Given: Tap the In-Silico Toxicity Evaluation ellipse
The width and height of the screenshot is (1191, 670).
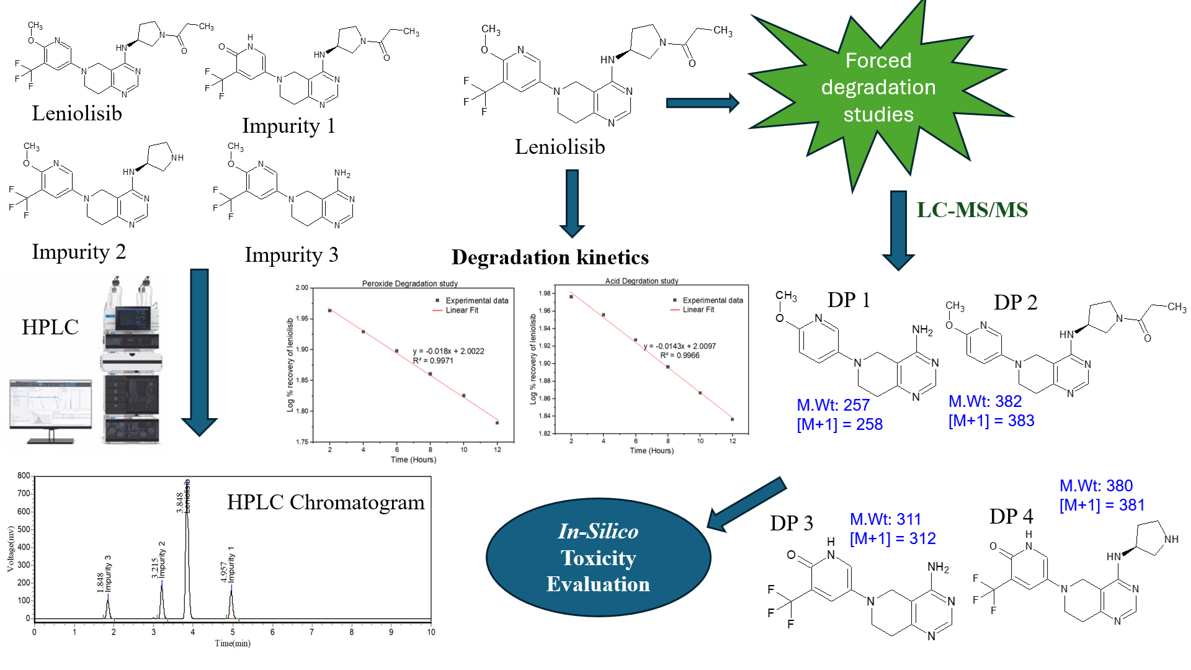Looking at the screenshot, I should (598, 557).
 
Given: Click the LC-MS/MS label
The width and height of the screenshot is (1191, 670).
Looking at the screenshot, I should (971, 210).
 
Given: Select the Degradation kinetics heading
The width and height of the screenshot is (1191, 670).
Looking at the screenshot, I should (550, 257).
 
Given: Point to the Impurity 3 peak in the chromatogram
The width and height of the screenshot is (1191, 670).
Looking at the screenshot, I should (108, 605).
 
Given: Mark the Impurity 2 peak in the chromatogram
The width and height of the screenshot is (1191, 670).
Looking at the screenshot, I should (162, 599).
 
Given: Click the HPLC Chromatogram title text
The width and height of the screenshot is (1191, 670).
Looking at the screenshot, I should (326, 502).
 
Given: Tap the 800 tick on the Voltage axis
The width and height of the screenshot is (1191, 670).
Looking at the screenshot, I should (24, 476).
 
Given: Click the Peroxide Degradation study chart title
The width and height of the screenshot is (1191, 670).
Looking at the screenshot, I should (409, 284).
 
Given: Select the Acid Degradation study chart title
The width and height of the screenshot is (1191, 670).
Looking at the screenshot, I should (641, 281).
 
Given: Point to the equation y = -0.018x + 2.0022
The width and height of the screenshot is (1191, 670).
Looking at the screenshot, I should (448, 351).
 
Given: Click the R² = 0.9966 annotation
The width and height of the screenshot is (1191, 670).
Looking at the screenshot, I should (679, 355).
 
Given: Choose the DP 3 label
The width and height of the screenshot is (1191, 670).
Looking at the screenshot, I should (791, 523).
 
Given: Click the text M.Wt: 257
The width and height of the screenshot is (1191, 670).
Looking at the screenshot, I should (833, 405).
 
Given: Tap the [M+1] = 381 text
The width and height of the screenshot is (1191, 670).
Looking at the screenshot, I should (1102, 505).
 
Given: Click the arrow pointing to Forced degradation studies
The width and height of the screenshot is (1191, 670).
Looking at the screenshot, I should (702, 103).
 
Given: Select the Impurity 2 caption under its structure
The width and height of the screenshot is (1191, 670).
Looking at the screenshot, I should (79, 251).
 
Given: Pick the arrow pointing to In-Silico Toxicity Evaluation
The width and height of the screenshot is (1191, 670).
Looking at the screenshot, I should (747, 503).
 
